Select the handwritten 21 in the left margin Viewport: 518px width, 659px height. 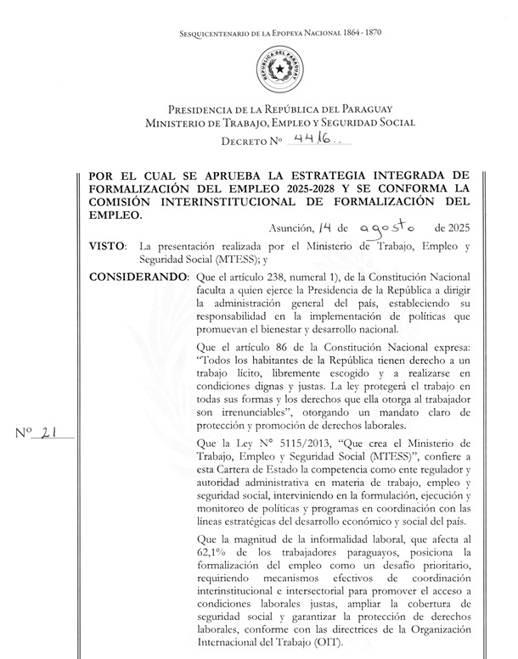(48, 433)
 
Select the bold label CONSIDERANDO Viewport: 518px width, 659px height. (137, 277)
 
